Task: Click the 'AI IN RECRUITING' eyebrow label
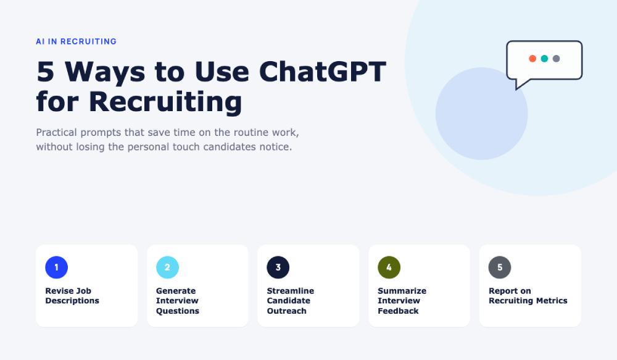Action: (x=76, y=41)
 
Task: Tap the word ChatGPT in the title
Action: (x=322, y=72)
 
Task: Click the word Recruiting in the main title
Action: (x=165, y=103)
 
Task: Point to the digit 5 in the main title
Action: (x=45, y=72)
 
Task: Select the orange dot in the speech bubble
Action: (x=532, y=59)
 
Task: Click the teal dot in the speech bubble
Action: (x=544, y=59)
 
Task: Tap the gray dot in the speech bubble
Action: (x=556, y=59)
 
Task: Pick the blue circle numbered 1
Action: (x=56, y=267)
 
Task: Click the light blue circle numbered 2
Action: (x=167, y=267)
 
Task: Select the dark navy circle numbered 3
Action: (x=278, y=267)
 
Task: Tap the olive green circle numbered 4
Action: (x=389, y=267)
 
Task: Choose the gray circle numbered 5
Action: (x=500, y=267)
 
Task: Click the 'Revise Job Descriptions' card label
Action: (x=72, y=296)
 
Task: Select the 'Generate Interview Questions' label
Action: (x=178, y=301)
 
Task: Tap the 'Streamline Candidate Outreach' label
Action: (x=291, y=301)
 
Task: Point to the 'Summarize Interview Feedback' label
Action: (x=402, y=301)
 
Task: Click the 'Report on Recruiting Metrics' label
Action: (x=528, y=296)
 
